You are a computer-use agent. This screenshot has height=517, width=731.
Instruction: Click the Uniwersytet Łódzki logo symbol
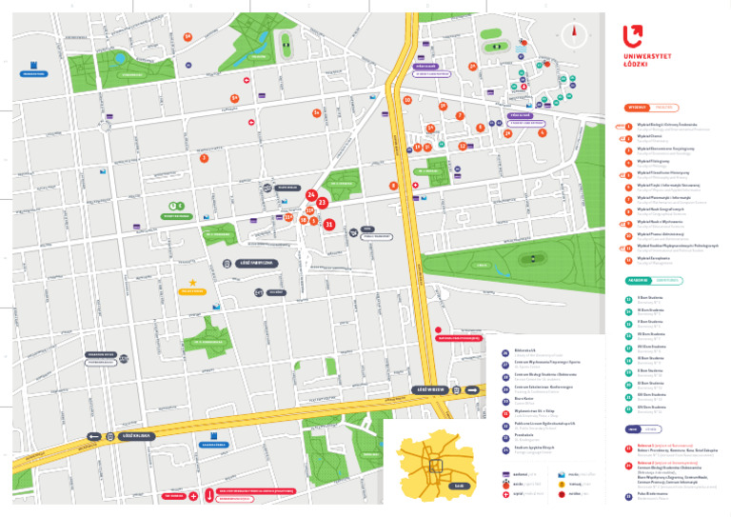pyautogui.click(x=633, y=36)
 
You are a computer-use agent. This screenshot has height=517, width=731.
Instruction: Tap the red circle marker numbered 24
pyautogui.click(x=311, y=195)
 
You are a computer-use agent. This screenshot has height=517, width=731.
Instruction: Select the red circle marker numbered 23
pyautogui.click(x=323, y=203)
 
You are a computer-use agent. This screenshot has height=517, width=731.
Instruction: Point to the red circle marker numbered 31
pyautogui.click(x=328, y=225)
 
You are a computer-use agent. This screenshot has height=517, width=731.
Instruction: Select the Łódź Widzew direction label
pyautogui.click(x=431, y=389)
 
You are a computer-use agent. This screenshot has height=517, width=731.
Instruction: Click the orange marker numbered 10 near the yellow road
pyautogui.click(x=407, y=100)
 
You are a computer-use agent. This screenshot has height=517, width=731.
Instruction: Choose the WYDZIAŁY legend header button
pyautogui.click(x=637, y=108)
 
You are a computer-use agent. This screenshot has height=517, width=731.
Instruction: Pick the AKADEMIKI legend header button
pyautogui.click(x=638, y=281)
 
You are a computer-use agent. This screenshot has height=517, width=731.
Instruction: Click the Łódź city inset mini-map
pyautogui.click(x=435, y=462)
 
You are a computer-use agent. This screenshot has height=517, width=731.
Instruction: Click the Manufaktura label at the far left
pyautogui.click(x=33, y=73)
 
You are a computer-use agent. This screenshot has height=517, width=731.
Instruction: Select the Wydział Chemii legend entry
pyautogui.click(x=652, y=137)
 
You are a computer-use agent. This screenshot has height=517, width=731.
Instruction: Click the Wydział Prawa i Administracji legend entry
pyautogui.click(x=662, y=234)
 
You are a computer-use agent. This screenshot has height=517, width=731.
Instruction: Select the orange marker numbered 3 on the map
pyautogui.click(x=204, y=158)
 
